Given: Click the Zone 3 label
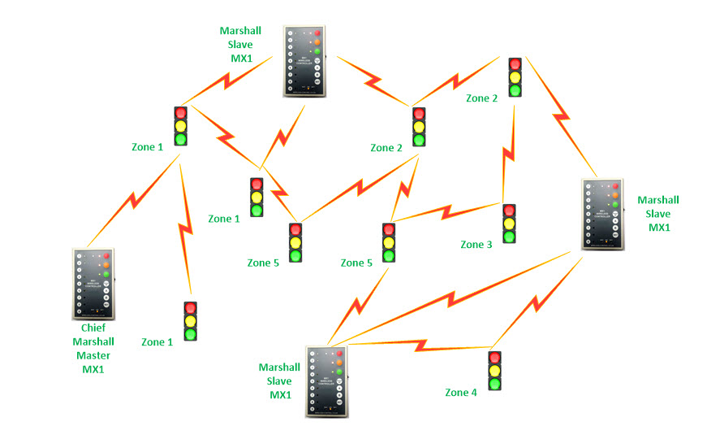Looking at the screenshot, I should pos(476,245).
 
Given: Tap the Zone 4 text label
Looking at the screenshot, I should pos(461,393).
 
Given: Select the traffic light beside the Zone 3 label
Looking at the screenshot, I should pos(509,224).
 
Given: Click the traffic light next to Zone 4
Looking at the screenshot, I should pos(494,372).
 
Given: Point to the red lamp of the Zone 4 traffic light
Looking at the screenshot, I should pos(494,358).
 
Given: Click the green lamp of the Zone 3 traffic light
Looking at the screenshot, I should pos(509,237).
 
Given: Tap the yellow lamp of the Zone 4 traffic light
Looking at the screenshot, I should pos(494,372).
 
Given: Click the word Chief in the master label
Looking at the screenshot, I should pos(93,329).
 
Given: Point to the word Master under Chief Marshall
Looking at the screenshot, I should pos(93,355).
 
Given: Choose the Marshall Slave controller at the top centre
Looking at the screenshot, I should pos(305,62).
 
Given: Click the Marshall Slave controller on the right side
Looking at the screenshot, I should pos(603,214).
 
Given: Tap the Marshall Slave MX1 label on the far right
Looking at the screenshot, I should pos(658,214).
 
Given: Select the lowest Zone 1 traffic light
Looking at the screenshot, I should pos(190,321).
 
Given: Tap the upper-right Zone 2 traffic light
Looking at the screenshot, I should pos(515,77).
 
